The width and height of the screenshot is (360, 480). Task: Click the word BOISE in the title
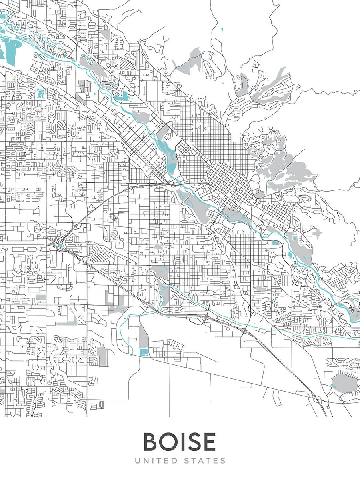[179, 442]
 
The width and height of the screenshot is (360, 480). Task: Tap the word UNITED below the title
[154, 461]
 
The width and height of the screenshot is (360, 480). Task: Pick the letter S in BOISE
[193, 442]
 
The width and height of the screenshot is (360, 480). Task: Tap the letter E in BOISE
[209, 442]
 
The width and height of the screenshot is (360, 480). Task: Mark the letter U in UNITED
[137, 461]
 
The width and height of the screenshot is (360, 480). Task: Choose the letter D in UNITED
[172, 461]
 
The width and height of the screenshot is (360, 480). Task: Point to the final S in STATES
[223, 461]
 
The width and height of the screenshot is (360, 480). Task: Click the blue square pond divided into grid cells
[143, 351]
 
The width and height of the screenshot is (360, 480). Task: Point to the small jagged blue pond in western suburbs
[40, 94]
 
